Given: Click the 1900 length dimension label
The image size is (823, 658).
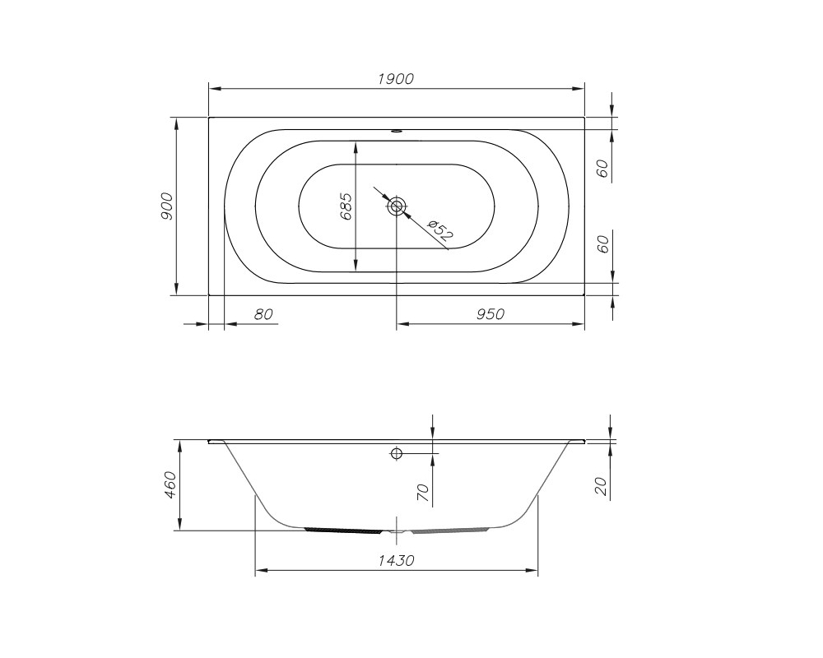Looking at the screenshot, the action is (x=397, y=79).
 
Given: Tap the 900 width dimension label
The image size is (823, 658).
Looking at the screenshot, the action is (x=166, y=206).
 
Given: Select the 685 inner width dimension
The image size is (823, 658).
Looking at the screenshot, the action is (x=346, y=206).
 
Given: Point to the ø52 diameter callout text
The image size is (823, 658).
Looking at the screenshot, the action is (x=439, y=231).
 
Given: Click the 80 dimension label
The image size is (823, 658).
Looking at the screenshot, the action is (x=263, y=313).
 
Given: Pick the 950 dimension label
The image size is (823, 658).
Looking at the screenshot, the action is (x=491, y=313).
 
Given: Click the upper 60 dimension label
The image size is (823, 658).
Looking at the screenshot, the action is (x=602, y=168).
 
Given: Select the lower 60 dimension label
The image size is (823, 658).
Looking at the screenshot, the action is (x=602, y=244).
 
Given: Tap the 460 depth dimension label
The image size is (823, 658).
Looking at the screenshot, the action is (x=170, y=485).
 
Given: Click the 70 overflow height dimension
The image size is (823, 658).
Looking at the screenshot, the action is (x=423, y=493).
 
